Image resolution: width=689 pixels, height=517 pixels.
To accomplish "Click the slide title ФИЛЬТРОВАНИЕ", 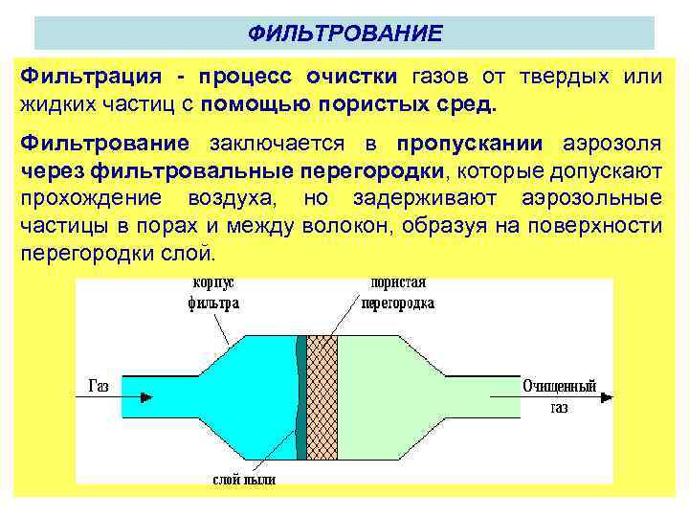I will pos(344,34).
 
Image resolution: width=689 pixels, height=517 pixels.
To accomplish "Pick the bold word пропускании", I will pos(469,144).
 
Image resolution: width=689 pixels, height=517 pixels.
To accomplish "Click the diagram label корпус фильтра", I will pos(213,294).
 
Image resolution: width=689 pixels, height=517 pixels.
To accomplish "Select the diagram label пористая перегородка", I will pos(395,294).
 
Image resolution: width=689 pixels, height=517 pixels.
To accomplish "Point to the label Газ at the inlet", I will pos(99,386).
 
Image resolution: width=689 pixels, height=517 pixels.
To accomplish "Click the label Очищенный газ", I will pos(559,395).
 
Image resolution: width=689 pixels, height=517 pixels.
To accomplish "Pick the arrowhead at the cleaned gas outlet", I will pos(513,396).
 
